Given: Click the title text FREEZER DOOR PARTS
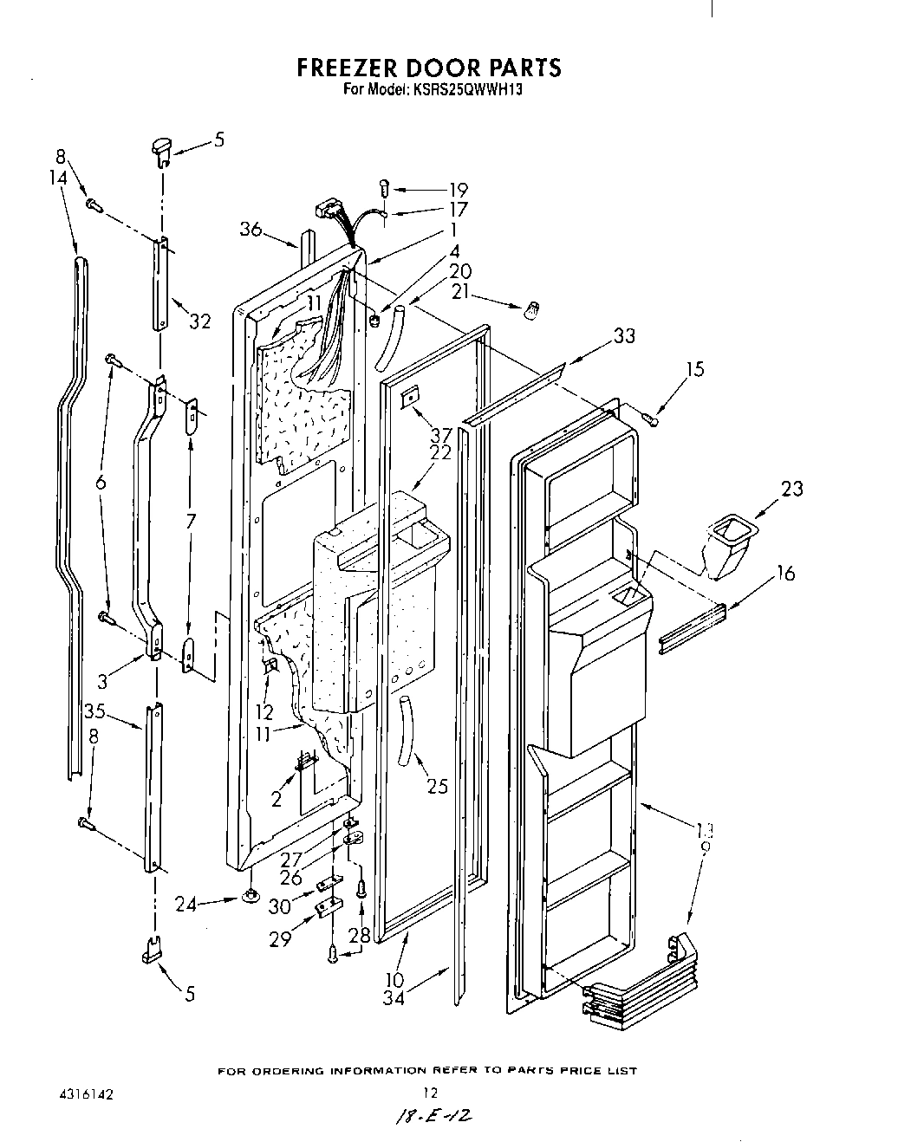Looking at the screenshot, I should click(429, 68).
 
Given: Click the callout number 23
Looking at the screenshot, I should click(791, 489).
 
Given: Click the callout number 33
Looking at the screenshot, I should click(623, 335).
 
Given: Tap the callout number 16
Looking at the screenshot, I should click(784, 573).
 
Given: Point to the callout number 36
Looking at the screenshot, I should click(251, 229).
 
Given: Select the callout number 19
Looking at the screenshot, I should click(458, 190).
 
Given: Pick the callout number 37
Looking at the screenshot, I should click(441, 435).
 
